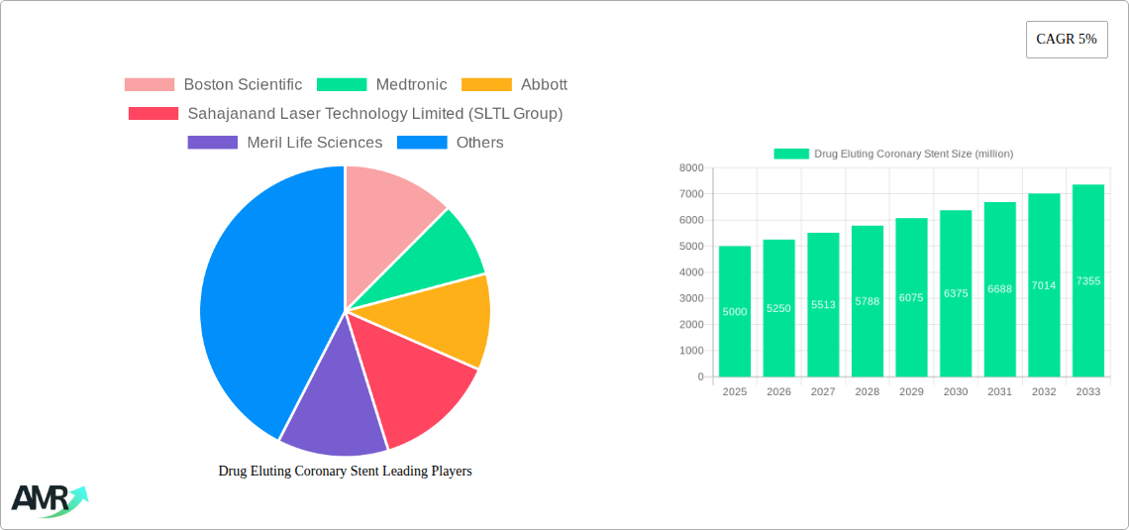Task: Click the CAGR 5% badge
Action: point(1066,40)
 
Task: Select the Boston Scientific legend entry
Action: point(213,85)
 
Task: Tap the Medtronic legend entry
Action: point(382,85)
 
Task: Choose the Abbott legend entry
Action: point(515,85)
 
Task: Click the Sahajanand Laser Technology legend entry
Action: point(346,114)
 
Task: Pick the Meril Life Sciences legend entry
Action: point(285,143)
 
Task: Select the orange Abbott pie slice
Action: point(451,317)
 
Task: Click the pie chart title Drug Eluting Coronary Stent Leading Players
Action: point(345,472)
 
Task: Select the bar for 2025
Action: point(735,311)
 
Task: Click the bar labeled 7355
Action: point(1088,280)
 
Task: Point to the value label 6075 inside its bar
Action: point(911,296)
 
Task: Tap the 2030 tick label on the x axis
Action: point(956,392)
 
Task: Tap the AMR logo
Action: point(49,499)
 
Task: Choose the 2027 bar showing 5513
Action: point(823,305)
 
